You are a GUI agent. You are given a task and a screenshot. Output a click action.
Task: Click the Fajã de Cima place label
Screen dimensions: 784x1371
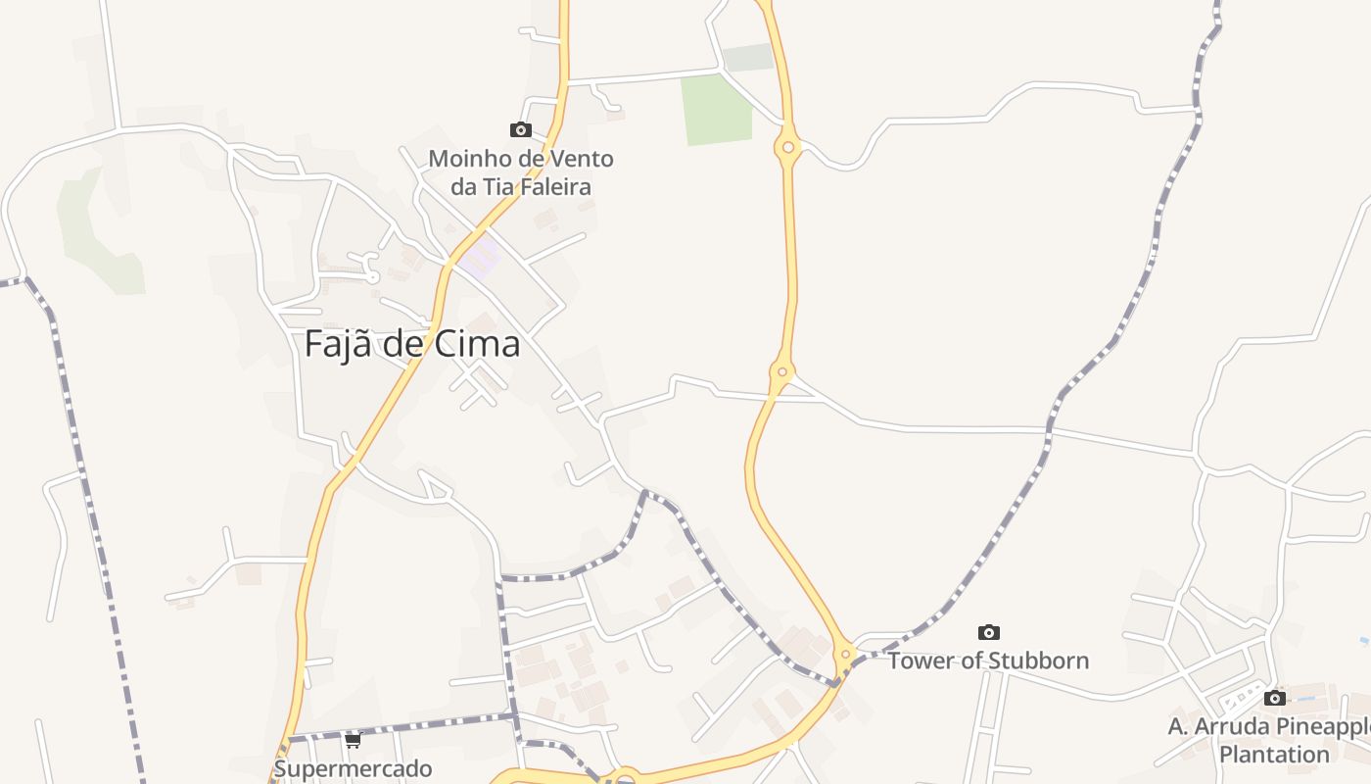click(411, 344)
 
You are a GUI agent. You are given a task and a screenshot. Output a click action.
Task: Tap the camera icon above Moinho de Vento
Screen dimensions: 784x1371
click(520, 129)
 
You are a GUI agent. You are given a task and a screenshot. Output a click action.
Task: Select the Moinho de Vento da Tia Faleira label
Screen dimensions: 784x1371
click(521, 171)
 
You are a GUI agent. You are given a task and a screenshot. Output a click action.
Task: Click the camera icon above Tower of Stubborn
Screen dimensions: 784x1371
click(989, 632)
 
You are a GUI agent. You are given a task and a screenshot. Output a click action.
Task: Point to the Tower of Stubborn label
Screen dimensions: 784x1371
click(988, 661)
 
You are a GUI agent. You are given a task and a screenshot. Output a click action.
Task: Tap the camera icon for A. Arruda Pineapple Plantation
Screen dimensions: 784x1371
click(1274, 698)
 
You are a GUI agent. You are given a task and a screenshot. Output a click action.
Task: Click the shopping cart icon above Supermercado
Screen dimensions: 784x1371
click(353, 740)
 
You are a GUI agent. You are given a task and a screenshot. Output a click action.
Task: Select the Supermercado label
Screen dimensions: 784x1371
click(353, 768)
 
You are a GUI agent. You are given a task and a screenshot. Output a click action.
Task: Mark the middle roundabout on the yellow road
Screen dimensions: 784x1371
click(781, 372)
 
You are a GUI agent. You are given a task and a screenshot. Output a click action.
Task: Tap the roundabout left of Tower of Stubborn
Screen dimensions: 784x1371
click(845, 654)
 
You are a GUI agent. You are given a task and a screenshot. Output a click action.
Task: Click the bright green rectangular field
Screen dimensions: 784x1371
click(717, 109)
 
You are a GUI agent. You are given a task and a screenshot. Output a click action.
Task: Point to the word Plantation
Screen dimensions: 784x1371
click(1274, 755)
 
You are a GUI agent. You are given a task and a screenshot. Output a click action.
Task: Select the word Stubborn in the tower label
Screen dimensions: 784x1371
click(1040, 661)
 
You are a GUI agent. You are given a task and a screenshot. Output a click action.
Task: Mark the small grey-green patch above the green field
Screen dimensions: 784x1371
click(748, 58)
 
